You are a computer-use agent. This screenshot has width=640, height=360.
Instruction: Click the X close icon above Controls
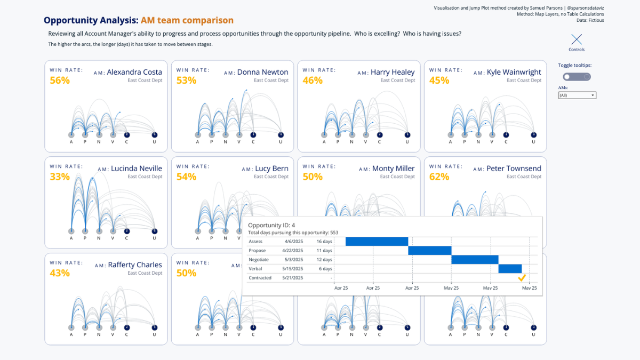point(576,39)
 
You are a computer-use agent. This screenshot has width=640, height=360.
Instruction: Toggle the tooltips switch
point(577,77)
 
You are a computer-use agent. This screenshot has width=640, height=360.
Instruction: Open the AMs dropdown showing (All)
point(577,95)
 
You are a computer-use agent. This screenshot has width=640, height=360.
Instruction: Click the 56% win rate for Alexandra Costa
point(60,81)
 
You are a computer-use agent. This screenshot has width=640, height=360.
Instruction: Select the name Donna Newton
point(262,72)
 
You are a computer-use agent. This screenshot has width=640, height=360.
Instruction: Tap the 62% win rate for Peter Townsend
point(439,177)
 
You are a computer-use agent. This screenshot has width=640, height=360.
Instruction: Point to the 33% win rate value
point(60,177)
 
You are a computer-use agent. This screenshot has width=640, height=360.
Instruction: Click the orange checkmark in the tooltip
point(522,278)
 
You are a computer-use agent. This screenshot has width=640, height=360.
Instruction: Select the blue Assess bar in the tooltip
point(377,242)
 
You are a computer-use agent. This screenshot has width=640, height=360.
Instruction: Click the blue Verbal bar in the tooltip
point(510,269)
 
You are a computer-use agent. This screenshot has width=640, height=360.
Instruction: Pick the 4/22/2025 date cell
point(292,251)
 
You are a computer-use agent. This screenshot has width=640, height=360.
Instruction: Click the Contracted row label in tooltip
point(260,278)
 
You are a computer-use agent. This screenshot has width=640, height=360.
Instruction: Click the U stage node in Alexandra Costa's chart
point(154,135)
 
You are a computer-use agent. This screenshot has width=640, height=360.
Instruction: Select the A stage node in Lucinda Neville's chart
point(71,231)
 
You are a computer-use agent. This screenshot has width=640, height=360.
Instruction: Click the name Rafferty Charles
point(135,265)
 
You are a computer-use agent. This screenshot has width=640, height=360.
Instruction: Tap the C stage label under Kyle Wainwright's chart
point(506,142)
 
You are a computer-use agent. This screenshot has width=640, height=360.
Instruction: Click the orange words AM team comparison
point(187,20)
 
